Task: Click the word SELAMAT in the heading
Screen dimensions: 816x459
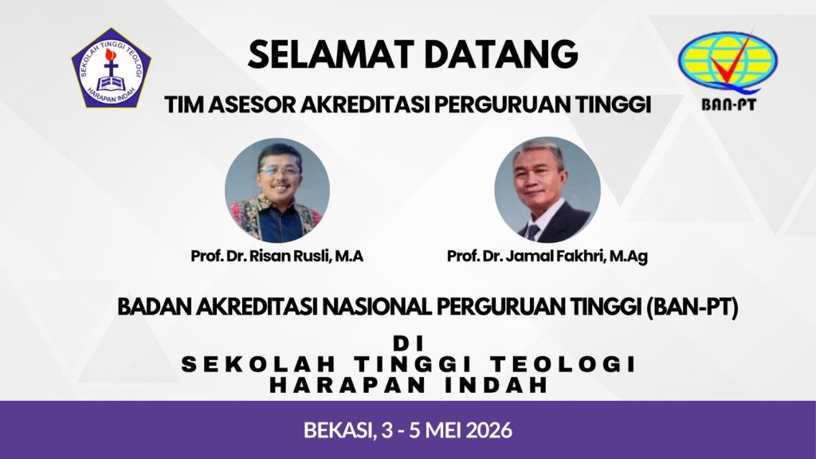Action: (x=331, y=54)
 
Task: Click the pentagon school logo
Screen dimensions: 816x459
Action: (x=111, y=69)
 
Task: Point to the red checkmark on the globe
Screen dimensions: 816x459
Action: (x=732, y=62)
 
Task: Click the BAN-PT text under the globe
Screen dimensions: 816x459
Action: (x=728, y=104)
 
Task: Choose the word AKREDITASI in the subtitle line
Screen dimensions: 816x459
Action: (x=365, y=104)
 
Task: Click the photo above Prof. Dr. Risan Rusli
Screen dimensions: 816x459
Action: (x=277, y=190)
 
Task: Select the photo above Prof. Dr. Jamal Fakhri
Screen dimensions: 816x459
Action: (x=547, y=190)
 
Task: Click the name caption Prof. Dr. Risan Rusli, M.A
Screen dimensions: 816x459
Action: (x=277, y=256)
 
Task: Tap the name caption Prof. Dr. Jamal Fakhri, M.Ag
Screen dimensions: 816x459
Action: (x=547, y=256)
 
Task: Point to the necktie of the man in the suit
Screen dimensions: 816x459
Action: (x=532, y=232)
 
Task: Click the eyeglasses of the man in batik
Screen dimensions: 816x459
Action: (x=280, y=170)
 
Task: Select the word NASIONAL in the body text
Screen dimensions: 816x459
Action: (x=377, y=307)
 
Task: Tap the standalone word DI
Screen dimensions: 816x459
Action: (x=409, y=343)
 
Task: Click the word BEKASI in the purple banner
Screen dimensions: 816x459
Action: (x=339, y=430)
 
